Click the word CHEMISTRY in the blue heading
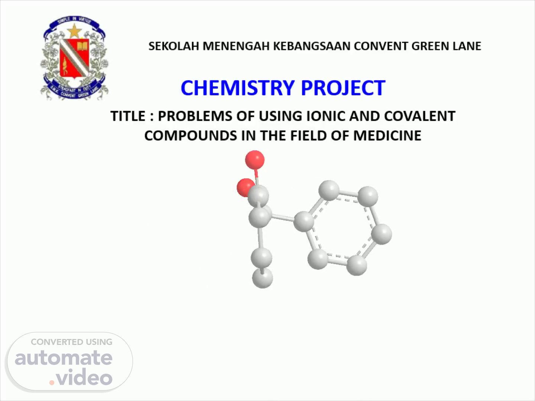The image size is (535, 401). click(238, 88)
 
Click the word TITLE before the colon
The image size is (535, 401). click(128, 116)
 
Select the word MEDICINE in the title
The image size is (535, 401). click(387, 136)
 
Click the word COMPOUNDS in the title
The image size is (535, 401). click(191, 136)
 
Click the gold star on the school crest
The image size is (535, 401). click(74, 31)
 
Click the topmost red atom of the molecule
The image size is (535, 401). click(255, 160)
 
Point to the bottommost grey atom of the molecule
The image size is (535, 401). click(263, 278)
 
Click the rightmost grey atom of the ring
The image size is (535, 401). click(382, 234)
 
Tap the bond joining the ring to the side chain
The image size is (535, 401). click(282, 218)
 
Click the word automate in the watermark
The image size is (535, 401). click(64, 358)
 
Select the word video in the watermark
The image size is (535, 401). click(84, 376)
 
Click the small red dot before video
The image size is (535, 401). click(52, 382)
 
